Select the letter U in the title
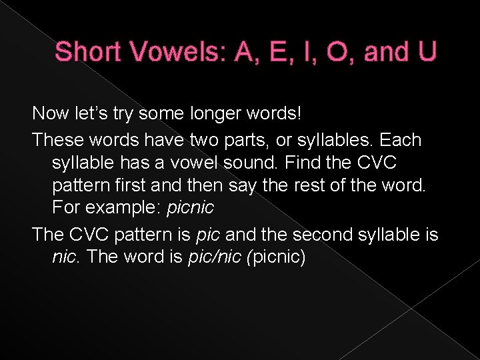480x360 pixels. click(x=425, y=52)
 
